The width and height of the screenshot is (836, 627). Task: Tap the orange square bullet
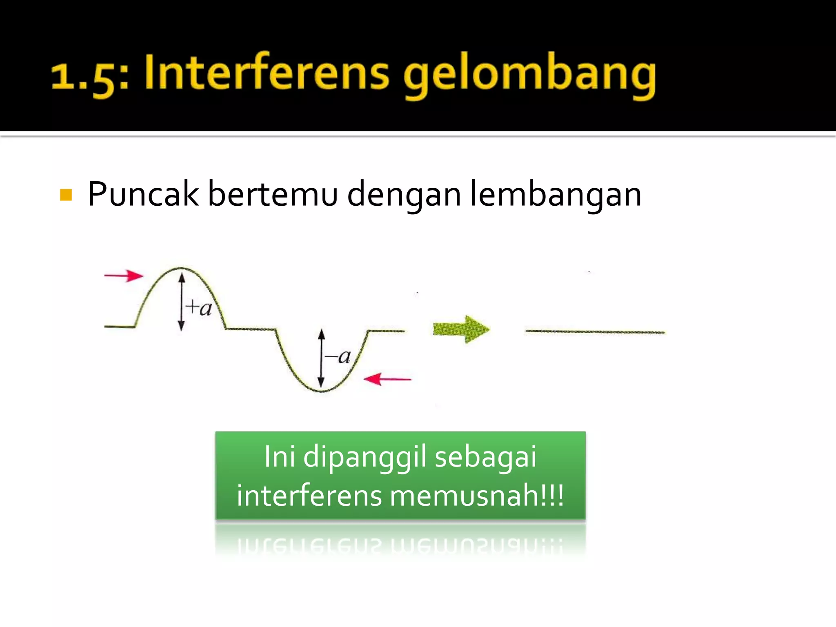pyautogui.click(x=66, y=195)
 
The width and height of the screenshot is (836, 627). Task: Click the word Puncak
pyautogui.click(x=143, y=194)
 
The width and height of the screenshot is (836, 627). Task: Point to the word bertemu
pyautogui.click(x=273, y=194)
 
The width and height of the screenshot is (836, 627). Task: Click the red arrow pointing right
pyautogui.click(x=124, y=276)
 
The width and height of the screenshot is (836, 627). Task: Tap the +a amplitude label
pyautogui.click(x=199, y=307)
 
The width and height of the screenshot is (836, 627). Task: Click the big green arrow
pyautogui.click(x=461, y=329)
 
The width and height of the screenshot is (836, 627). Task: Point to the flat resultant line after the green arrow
pyautogui.click(x=595, y=332)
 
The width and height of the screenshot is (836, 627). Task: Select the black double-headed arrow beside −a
pyautogui.click(x=321, y=358)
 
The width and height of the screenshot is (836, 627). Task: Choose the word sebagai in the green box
pyautogui.click(x=485, y=456)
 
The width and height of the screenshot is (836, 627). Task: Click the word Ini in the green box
pyautogui.click(x=280, y=456)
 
